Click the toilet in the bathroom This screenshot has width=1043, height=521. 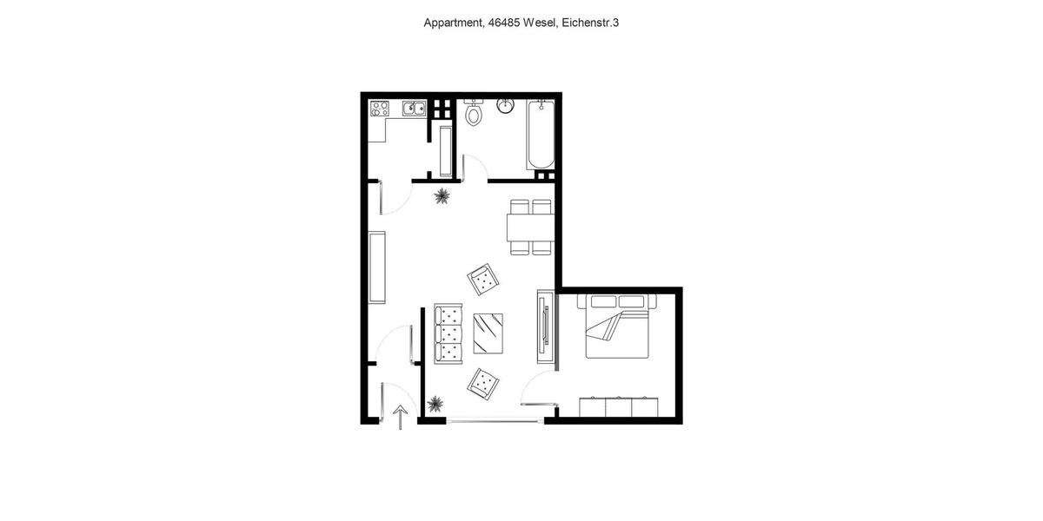click(474, 113)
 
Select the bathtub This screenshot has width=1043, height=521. click(541, 135)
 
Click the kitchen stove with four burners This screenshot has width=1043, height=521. click(380, 109)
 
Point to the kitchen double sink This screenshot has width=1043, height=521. click(413, 109)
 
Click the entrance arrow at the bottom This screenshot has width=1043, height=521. click(400, 418)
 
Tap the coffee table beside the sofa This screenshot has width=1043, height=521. click(488, 333)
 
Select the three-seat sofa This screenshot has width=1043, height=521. click(448, 333)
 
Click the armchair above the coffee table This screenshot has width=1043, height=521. click(483, 280)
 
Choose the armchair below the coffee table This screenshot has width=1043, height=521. click(483, 383)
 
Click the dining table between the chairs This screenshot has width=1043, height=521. click(531, 228)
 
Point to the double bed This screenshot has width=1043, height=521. click(617, 327)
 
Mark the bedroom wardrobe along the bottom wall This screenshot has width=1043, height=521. click(619, 407)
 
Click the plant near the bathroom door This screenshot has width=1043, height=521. click(442, 196)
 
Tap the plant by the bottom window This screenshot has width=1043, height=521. click(435, 404)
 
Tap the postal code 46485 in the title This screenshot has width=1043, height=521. click(503, 23)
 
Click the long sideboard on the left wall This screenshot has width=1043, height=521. click(376, 267)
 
